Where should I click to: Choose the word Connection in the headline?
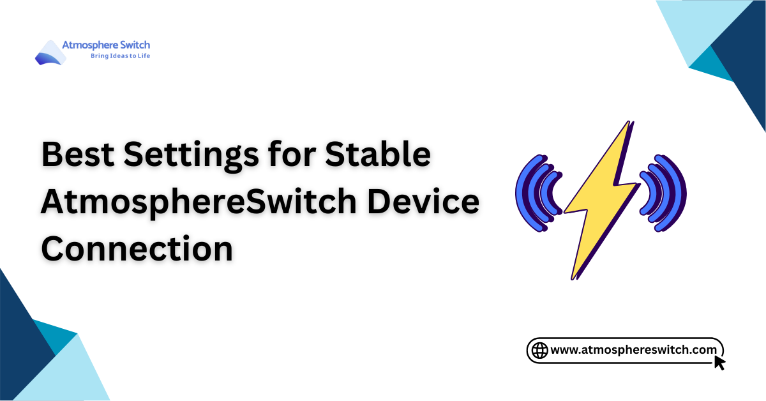pyautogui.click(x=137, y=248)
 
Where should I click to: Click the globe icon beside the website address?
pyautogui.click(x=540, y=350)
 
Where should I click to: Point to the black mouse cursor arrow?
pyautogui.click(x=719, y=362)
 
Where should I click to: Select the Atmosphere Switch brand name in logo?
pyautogui.click(x=106, y=45)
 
